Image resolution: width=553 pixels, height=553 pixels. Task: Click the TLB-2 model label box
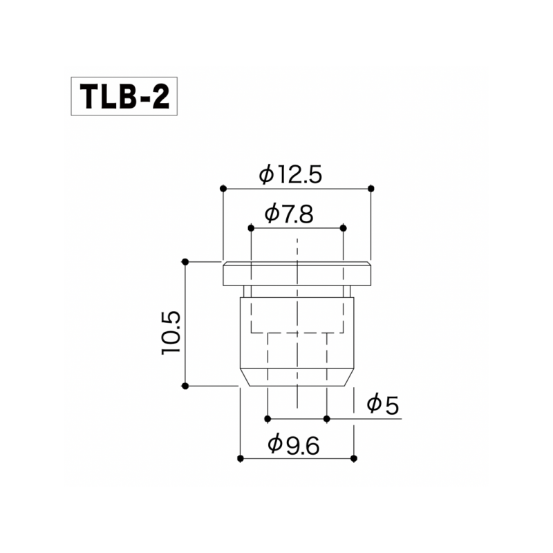coord(124,97)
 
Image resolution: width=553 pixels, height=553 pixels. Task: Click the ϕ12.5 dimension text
coord(291,175)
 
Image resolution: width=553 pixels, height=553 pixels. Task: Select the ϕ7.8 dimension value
coord(289,214)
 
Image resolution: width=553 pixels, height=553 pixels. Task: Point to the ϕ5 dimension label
coord(383,404)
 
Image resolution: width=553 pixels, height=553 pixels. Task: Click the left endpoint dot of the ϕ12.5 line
coord(223,188)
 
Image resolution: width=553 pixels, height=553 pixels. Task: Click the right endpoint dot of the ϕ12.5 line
coord(371,188)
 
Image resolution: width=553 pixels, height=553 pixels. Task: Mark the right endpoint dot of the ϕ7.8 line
coord(344,227)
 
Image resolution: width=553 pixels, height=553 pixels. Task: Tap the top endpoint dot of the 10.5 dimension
coord(185,261)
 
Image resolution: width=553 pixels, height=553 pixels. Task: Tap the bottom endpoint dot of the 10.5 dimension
coord(185,386)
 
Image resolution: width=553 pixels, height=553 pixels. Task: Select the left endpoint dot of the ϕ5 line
coord(267,418)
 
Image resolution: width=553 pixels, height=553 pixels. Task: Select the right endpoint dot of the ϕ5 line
coord(327,418)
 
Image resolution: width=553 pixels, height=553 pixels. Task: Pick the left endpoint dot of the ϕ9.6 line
coord(240,458)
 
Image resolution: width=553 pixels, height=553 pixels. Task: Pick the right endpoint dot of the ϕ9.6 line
coord(354,458)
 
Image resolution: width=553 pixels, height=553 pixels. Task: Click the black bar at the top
coord(276,32)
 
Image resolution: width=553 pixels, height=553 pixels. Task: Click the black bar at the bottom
coord(276,519)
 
